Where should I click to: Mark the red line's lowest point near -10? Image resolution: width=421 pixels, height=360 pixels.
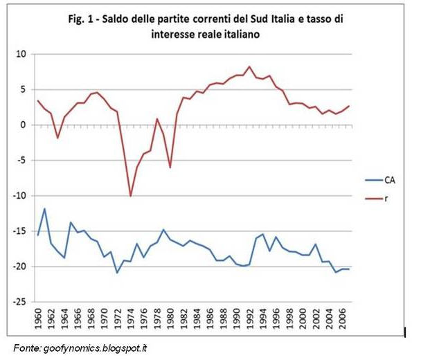(130, 197)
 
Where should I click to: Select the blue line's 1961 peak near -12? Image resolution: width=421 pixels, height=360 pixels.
(44, 208)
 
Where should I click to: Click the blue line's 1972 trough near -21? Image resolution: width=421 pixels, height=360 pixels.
(117, 273)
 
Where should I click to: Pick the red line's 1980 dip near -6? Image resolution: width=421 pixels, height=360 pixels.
(170, 168)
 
